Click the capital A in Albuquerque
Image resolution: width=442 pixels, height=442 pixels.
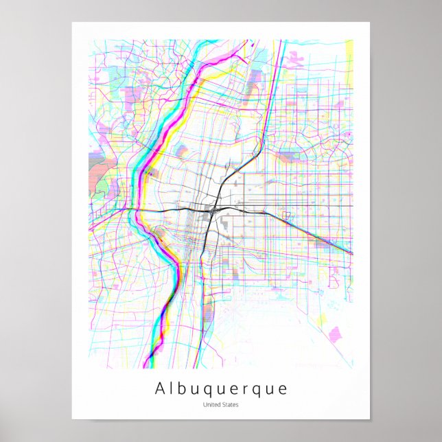(160, 388)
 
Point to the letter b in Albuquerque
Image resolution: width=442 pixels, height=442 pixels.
(183, 388)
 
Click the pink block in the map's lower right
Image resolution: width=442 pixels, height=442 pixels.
(336, 336)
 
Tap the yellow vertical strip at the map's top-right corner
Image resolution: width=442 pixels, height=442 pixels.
(349, 49)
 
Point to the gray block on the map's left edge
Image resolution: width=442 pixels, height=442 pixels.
(96, 165)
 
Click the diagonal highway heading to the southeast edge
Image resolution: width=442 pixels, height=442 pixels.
(316, 234)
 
